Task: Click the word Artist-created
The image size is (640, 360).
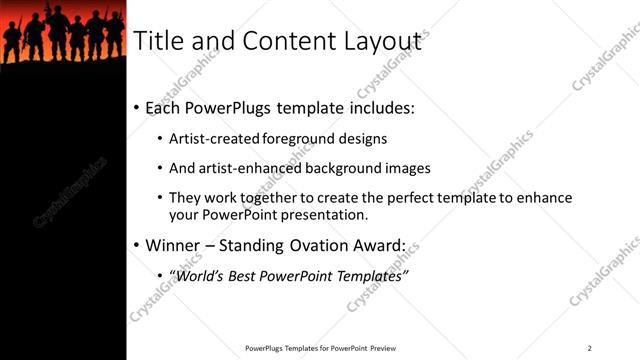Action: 217,139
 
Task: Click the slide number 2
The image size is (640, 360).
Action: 590,347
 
